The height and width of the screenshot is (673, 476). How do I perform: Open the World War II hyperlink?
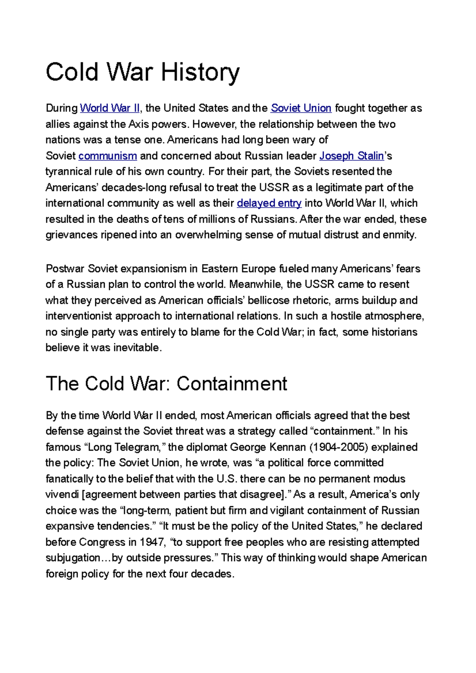point(110,108)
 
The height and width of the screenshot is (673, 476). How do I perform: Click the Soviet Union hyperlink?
point(301,108)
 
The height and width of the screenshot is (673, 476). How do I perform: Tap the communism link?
point(107,156)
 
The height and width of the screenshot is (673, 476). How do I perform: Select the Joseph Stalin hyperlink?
point(351,156)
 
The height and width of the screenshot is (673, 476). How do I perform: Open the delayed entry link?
point(269,203)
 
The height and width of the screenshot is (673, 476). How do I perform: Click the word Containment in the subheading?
point(232,384)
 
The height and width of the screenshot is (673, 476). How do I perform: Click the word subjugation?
point(73,558)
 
